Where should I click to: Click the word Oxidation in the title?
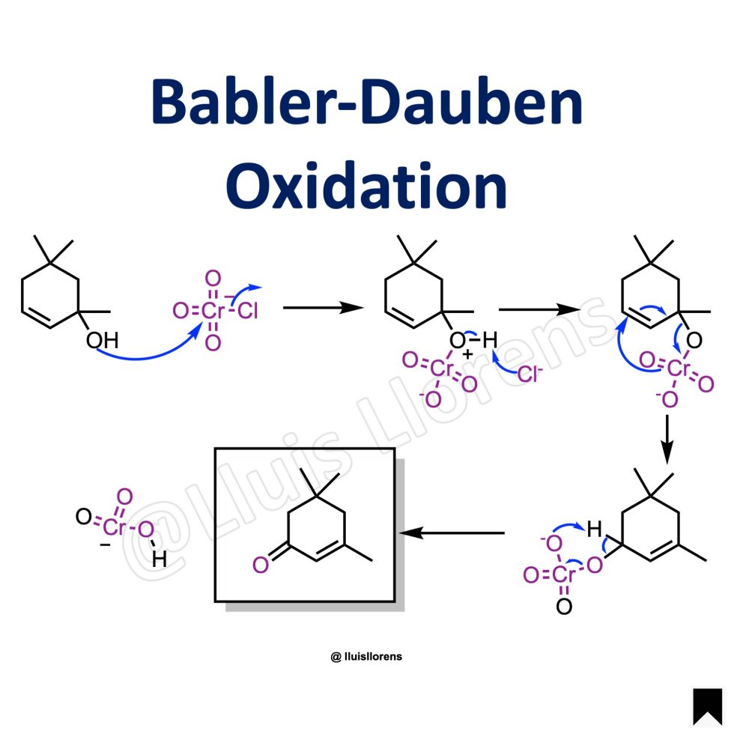click(366, 186)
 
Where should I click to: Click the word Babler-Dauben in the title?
click(367, 102)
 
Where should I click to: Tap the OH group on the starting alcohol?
click(102, 340)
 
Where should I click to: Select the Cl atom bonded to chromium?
click(248, 310)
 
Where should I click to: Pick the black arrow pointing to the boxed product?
click(452, 533)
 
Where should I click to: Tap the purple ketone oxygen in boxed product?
click(261, 565)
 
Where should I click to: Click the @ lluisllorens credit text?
click(366, 656)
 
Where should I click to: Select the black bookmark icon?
click(708, 707)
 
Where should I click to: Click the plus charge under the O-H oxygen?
click(467, 354)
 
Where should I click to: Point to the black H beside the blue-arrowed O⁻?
click(594, 530)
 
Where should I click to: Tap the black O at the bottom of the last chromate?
click(564, 606)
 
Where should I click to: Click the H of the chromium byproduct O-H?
click(159, 559)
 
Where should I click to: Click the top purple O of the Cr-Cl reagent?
click(213, 279)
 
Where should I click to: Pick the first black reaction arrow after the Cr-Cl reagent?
click(324, 308)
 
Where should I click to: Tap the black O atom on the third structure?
click(694, 340)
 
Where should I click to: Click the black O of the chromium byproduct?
click(84, 516)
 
